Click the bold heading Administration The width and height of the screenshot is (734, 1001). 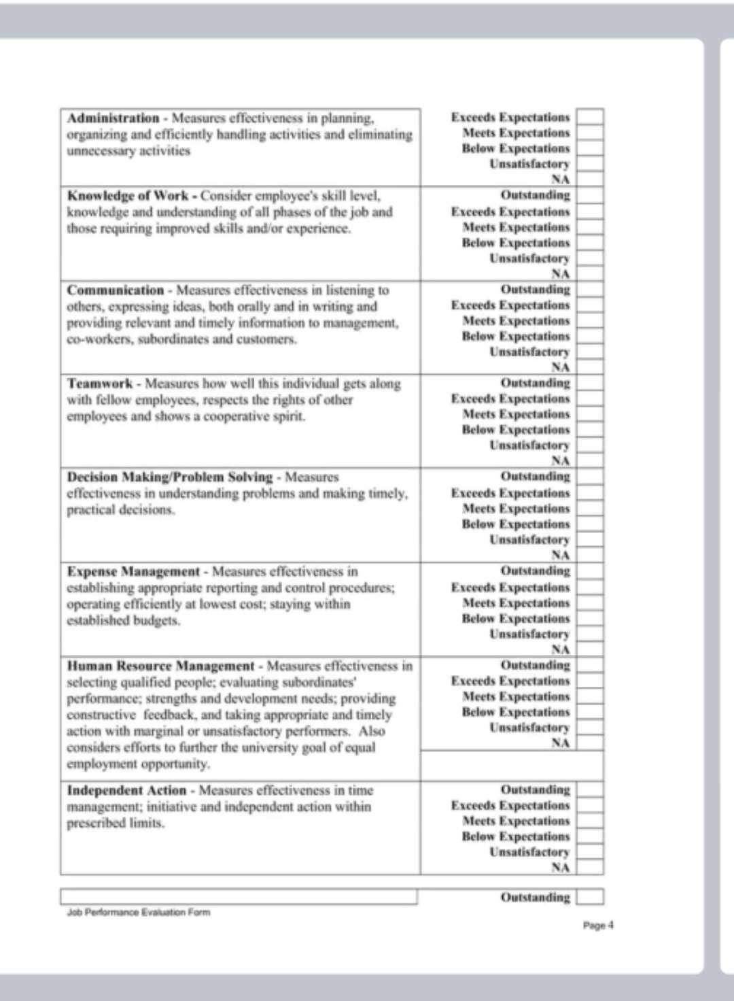pyautogui.click(x=113, y=118)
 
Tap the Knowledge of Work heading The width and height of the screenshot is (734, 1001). pyautogui.click(x=128, y=196)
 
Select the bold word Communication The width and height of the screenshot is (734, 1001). pyautogui.click(x=116, y=290)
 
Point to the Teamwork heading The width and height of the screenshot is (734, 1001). pyautogui.click(x=100, y=384)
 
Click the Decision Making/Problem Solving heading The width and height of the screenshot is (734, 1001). pyautogui.click(x=170, y=477)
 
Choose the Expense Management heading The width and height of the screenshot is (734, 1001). pyautogui.click(x=133, y=572)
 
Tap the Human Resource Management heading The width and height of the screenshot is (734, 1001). pyautogui.click(x=161, y=666)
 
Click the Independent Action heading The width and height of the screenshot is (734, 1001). pyautogui.click(x=126, y=790)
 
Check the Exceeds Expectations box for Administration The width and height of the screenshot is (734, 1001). pyautogui.click(x=589, y=117)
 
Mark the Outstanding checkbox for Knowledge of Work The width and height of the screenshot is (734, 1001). pyautogui.click(x=589, y=195)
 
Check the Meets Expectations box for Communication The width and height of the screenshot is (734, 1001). pyautogui.click(x=589, y=321)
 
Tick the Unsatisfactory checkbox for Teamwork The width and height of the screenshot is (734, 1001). pyautogui.click(x=589, y=446)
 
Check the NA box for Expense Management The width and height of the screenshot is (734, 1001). pyautogui.click(x=589, y=649)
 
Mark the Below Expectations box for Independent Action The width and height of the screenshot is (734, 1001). pyautogui.click(x=589, y=837)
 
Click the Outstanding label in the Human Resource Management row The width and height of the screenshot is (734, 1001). pyautogui.click(x=536, y=665)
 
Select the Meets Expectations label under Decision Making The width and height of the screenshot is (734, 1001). pyautogui.click(x=516, y=509)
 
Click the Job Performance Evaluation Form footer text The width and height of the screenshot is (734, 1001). pyautogui.click(x=139, y=913)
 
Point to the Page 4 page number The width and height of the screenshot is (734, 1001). pyautogui.click(x=598, y=926)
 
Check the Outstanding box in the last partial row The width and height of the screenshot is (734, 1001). pyautogui.click(x=589, y=898)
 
